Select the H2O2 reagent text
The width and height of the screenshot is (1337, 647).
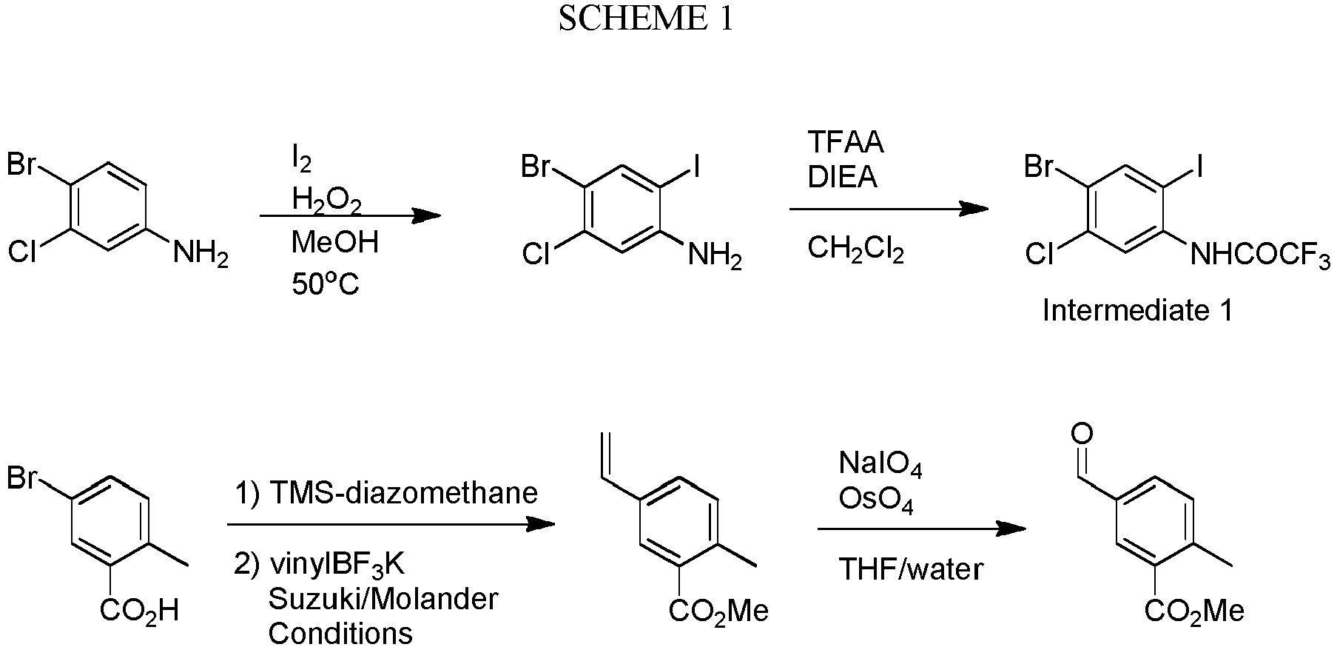[x=326, y=200]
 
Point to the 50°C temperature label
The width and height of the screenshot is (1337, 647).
[x=325, y=284]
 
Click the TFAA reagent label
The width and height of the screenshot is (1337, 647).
[x=846, y=141]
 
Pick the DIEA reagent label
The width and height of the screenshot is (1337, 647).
[x=842, y=177]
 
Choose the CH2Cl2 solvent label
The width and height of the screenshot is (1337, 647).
[x=855, y=249]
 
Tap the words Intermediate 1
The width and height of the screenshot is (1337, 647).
[x=1138, y=310]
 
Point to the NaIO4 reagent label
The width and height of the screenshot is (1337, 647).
[x=880, y=465]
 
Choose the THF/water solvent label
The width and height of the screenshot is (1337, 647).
[x=911, y=569]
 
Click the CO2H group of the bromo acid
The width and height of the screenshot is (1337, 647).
[x=139, y=612]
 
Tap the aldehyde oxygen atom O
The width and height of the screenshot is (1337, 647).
[x=1081, y=433]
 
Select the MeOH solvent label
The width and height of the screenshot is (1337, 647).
[x=334, y=242]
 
